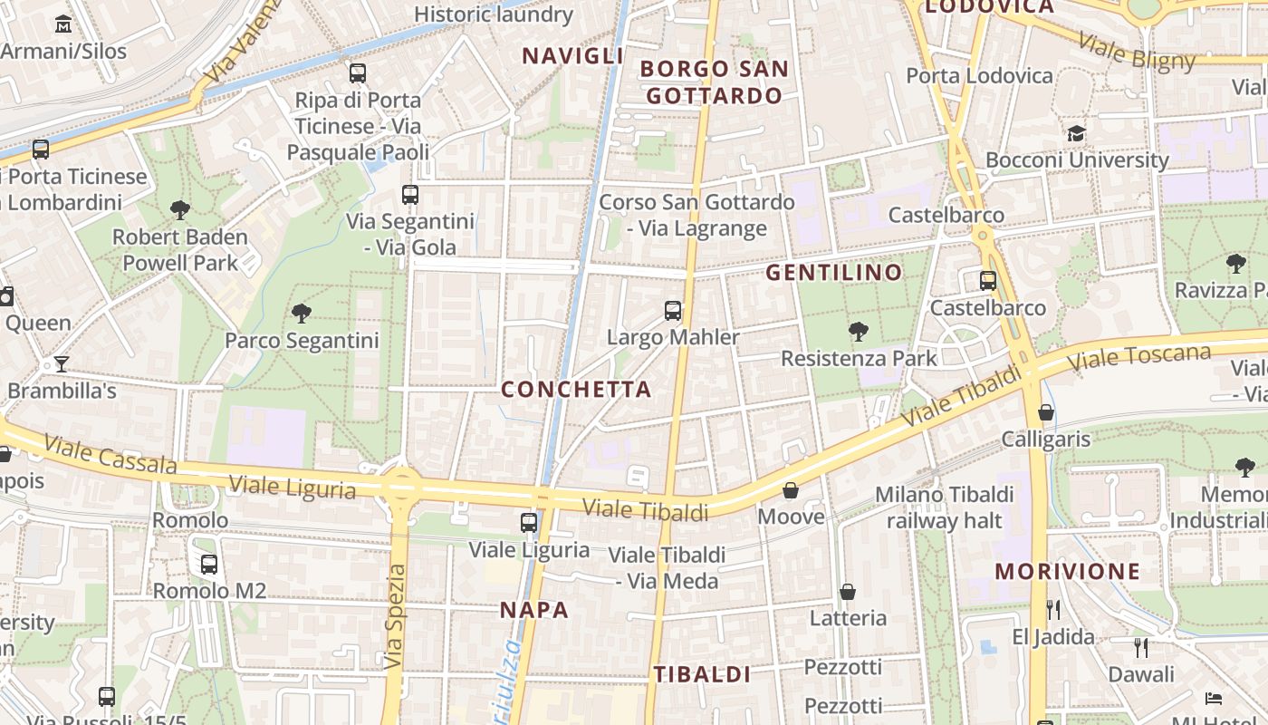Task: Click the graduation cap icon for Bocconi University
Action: [1076, 134]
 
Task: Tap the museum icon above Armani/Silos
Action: [63, 24]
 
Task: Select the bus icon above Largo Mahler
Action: [673, 311]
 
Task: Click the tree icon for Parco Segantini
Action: [302, 314]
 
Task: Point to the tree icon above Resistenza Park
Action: [859, 332]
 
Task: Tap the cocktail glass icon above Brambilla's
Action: [61, 364]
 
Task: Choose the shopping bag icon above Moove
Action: [791, 490]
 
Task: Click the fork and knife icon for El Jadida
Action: [1052, 609]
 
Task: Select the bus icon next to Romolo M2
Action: [209, 565]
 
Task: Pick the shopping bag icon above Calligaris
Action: [1046, 412]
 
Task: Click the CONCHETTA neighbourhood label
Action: [576, 390]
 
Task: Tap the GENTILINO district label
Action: [834, 272]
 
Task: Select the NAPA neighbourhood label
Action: [534, 610]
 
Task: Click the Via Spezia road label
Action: [394, 616]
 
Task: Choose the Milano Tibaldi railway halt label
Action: [945, 507]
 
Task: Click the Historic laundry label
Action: [494, 14]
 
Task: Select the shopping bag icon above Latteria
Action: [848, 592]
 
